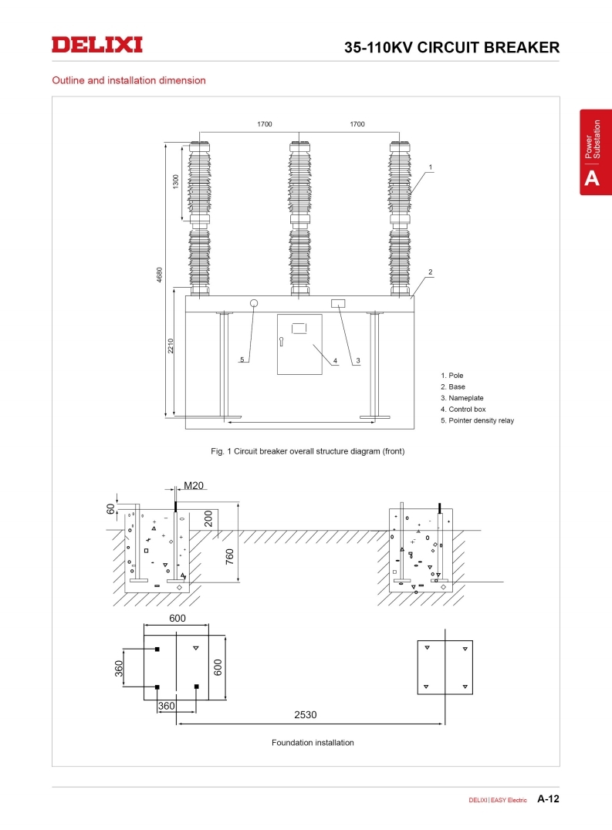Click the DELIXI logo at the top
tap(97, 45)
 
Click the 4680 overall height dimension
tap(159, 275)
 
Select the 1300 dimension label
tap(176, 181)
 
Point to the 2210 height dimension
tap(171, 346)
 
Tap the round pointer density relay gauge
tap(254, 303)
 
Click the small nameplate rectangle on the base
tap(338, 303)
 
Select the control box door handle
tap(281, 342)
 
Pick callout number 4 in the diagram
tap(335, 361)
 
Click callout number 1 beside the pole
tap(431, 167)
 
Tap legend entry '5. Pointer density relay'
tap(477, 420)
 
